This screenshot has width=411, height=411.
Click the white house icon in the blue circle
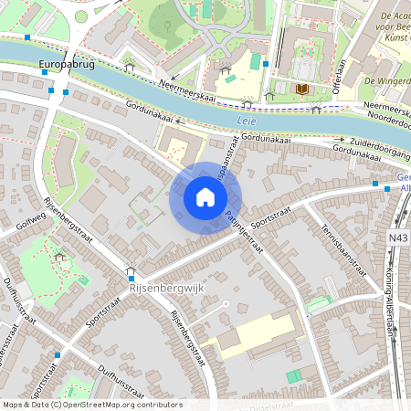coord(205,197)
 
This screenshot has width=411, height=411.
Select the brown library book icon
coord(301,89)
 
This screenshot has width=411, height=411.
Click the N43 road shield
coord(398,237)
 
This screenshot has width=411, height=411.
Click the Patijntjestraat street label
coord(245,232)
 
